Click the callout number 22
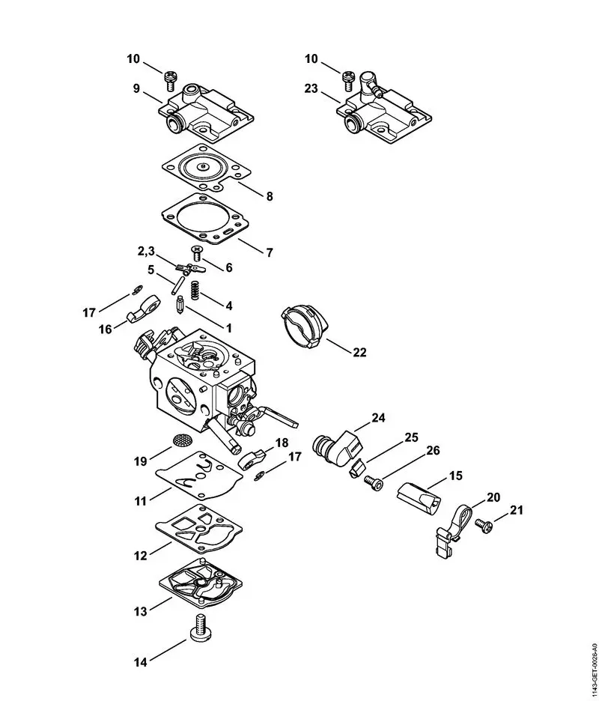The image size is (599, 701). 359,352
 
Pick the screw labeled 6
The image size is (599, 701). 198,252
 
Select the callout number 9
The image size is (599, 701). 136,88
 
